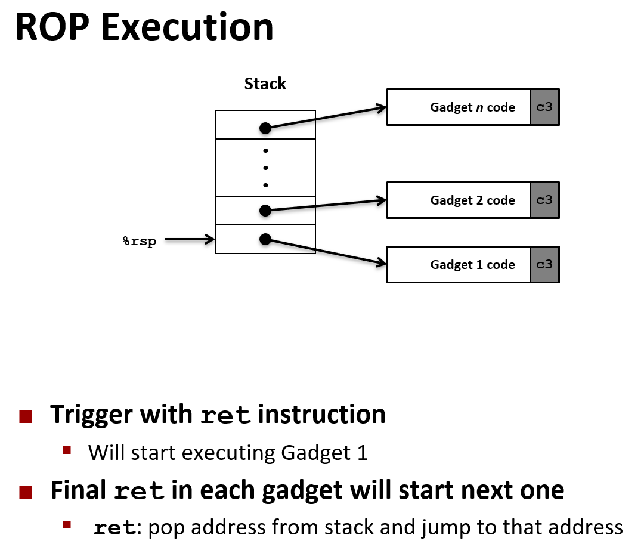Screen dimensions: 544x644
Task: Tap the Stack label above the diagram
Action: coord(265,84)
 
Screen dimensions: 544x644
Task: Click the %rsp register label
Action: coord(139,242)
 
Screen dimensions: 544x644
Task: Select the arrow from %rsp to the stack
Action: coord(189,240)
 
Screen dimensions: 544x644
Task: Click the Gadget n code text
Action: coord(472,107)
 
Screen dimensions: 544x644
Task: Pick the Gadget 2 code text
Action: coord(472,200)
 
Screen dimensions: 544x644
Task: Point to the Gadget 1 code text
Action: coord(472,265)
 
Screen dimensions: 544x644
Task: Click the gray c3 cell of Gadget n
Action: coord(544,107)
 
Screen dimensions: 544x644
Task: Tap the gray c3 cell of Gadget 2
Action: coord(544,200)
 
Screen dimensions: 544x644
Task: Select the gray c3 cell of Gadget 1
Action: coord(544,265)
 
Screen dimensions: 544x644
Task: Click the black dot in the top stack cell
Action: coord(265,128)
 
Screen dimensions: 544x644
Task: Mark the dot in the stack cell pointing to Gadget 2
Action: coord(265,210)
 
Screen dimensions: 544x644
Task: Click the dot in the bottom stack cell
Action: coord(265,239)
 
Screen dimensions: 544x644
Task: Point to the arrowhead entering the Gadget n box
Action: coord(382,108)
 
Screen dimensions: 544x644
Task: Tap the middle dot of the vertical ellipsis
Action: coord(265,168)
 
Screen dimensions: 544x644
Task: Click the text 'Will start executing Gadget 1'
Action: coord(228,453)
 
